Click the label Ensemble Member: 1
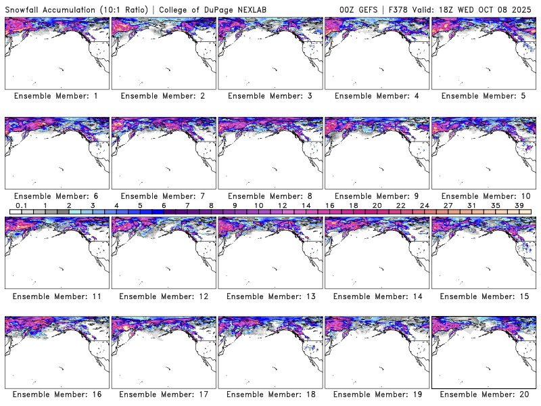pos(56,96)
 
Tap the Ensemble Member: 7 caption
pos(163,196)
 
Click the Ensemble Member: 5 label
pos(483,96)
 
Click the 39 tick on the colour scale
pos(519,205)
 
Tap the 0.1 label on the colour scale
pos(21,205)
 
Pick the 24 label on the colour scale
pos(424,205)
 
